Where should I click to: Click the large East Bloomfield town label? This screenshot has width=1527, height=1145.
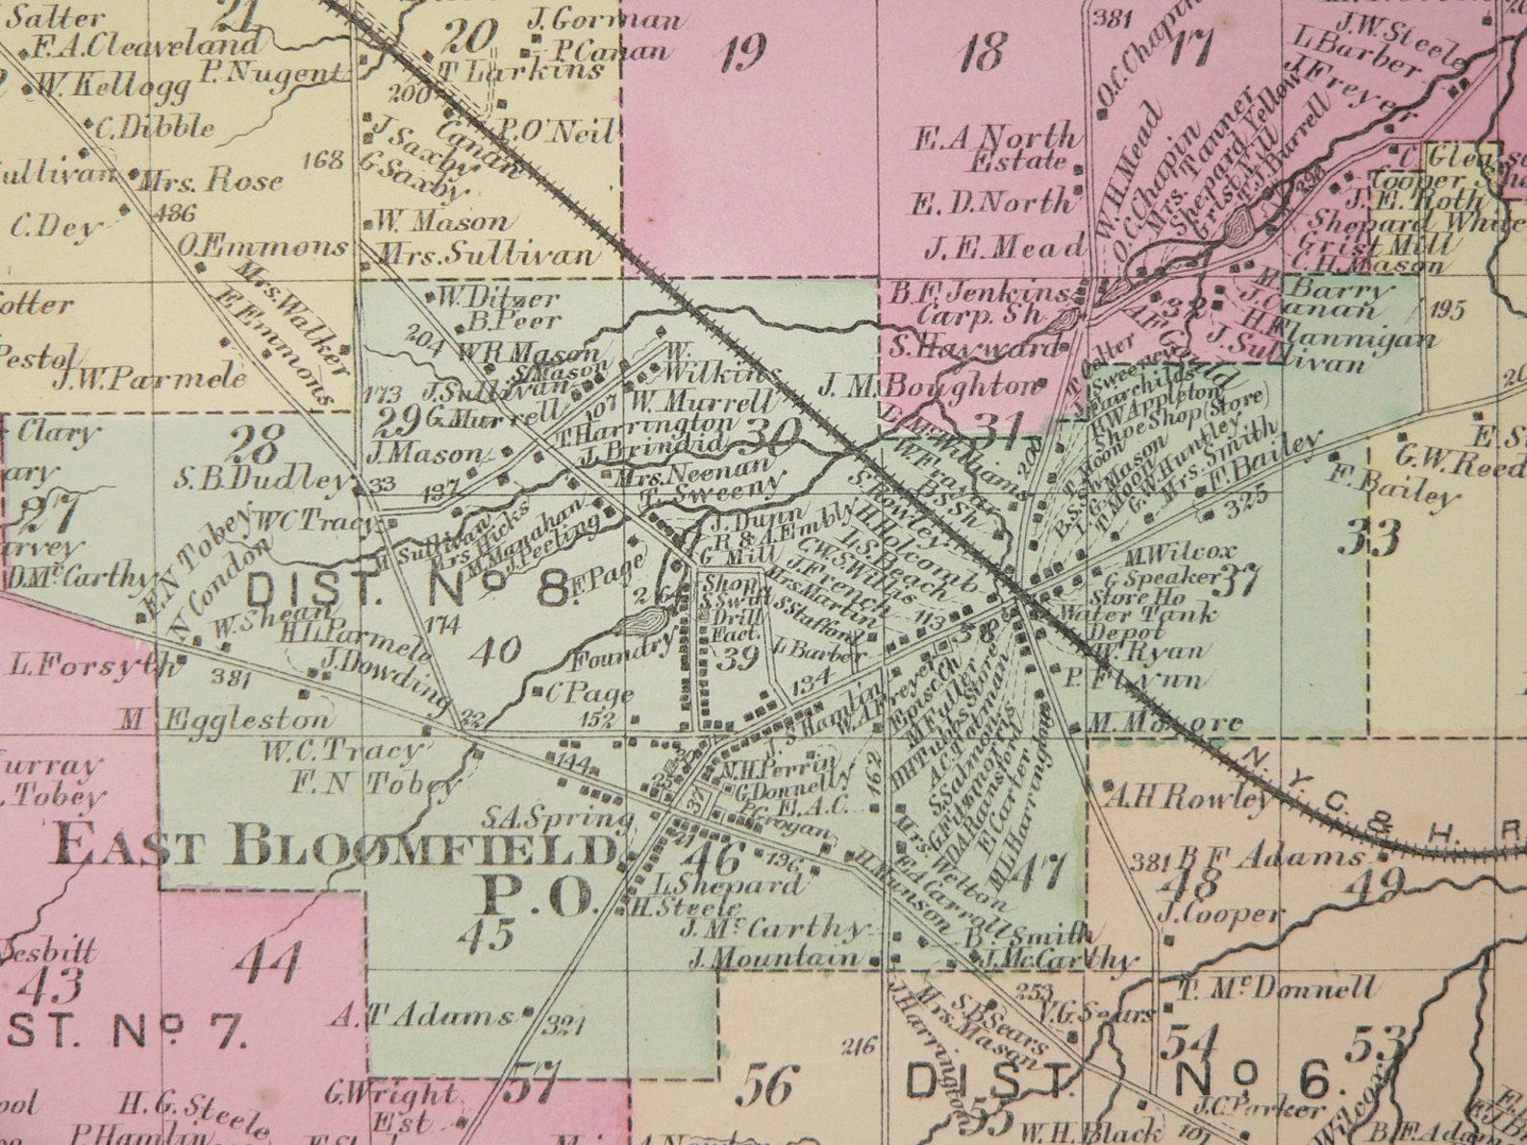tap(332, 851)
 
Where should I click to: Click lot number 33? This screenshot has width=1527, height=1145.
tap(1373, 539)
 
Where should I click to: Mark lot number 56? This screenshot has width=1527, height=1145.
tap(766, 1086)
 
